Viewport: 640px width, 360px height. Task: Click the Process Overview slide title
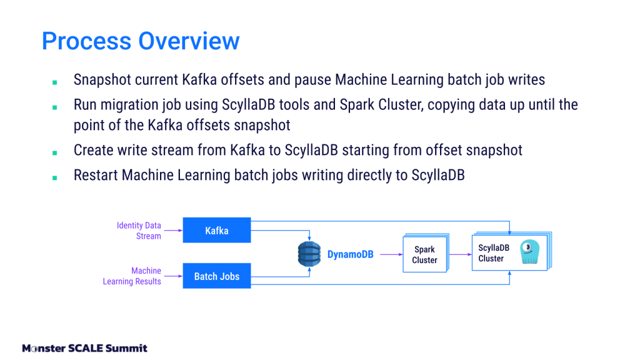(141, 41)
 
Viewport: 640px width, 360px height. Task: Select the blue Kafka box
(216, 231)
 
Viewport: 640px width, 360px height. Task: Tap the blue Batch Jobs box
(216, 276)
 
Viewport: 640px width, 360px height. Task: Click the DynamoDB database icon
(308, 254)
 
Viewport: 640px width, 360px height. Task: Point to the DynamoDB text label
(350, 254)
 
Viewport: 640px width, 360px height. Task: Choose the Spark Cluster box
(424, 254)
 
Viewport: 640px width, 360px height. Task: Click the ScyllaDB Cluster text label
(493, 253)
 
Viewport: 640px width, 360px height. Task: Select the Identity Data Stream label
(139, 231)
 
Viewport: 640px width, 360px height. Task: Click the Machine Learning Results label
(132, 276)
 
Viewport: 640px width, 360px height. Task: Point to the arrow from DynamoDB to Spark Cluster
(391, 254)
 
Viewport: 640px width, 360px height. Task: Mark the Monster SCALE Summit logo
(84, 348)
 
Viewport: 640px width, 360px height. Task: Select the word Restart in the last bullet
(96, 176)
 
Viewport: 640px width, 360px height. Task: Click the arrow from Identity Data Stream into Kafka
(172, 231)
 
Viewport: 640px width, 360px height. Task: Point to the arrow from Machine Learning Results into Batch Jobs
(172, 276)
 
